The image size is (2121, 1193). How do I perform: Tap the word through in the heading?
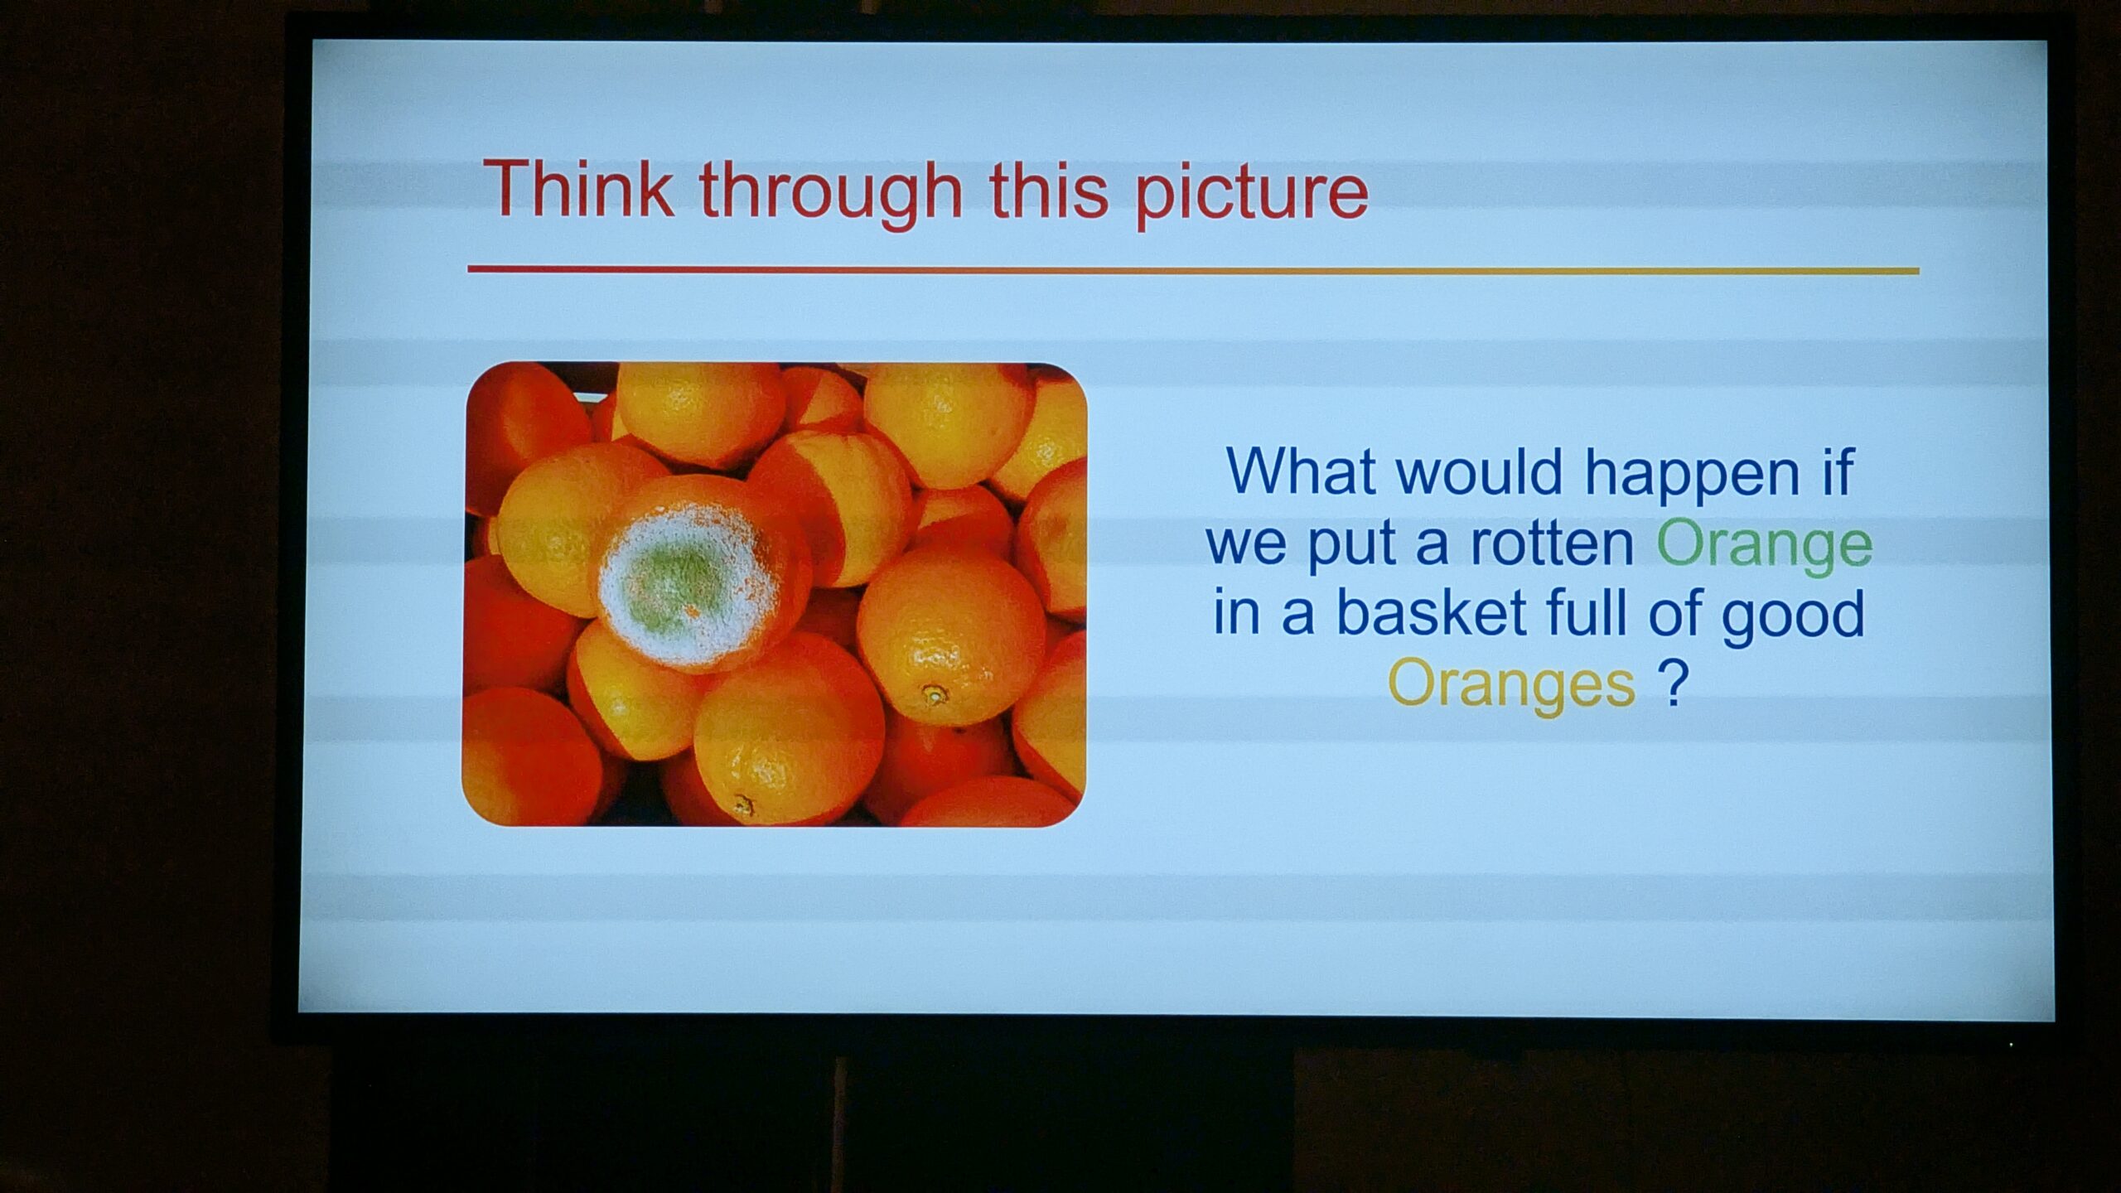831,194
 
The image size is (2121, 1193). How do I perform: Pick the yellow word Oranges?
1511,686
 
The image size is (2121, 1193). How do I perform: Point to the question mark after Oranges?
1673,683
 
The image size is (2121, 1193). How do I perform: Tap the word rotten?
1550,543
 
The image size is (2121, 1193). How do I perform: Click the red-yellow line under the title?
1193,270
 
